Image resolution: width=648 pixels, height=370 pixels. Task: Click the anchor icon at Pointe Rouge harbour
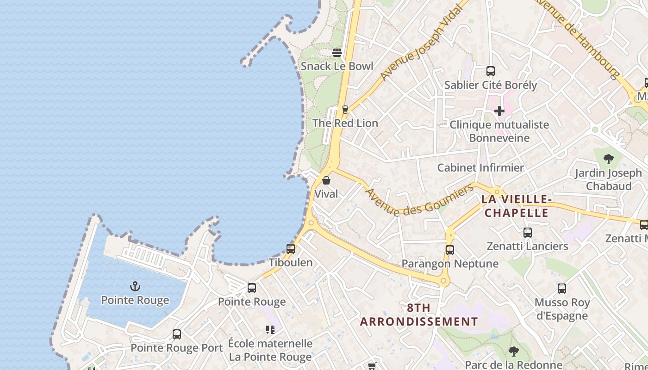pos(135,287)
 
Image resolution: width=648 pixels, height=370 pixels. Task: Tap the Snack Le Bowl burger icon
pos(337,52)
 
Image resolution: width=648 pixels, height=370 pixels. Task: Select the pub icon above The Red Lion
pos(345,110)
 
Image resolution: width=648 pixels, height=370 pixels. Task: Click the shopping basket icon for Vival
pos(326,180)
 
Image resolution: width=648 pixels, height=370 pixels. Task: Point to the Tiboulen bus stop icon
pos(291,249)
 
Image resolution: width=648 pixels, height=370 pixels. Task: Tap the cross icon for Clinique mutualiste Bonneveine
pos(499,111)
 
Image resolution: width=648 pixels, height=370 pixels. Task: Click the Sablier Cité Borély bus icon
pos(491,71)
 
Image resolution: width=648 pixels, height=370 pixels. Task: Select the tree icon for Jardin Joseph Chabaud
pos(609,160)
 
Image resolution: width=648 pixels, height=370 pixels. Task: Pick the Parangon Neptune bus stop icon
pos(450,250)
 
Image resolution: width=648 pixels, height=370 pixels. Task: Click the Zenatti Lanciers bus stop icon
pos(528,233)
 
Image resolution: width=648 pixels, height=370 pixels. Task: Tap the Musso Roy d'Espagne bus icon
pos(562,289)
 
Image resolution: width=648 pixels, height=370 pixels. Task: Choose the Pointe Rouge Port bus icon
pos(177,334)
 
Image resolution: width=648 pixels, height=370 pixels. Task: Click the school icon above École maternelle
pos(270,330)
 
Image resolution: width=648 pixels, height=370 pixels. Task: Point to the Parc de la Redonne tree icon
pos(513,351)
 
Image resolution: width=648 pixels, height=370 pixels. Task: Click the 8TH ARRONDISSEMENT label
pos(419,314)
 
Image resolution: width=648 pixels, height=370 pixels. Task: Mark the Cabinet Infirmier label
pos(480,167)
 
